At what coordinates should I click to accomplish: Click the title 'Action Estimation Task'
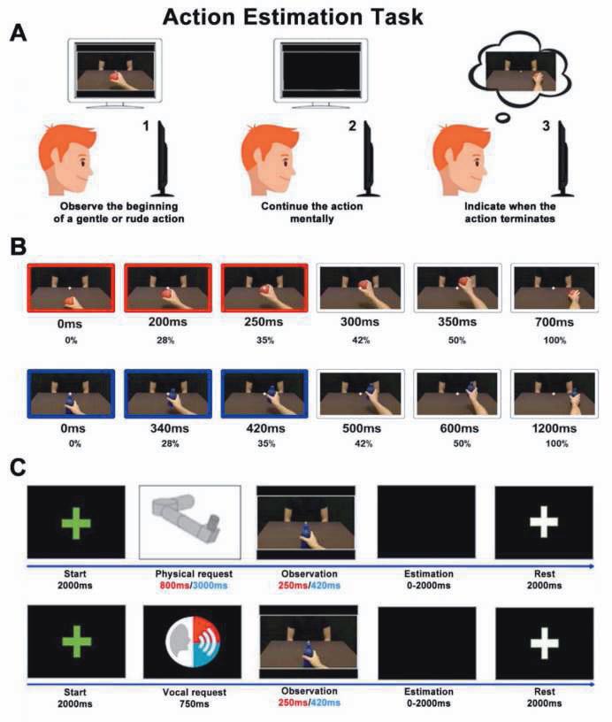pyautogui.click(x=293, y=17)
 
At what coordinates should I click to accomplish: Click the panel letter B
pyautogui.click(x=18, y=246)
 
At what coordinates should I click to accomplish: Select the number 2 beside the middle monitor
pyautogui.click(x=352, y=126)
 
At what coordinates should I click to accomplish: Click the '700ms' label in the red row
pyautogui.click(x=554, y=322)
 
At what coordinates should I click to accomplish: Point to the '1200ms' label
pyautogui.click(x=554, y=428)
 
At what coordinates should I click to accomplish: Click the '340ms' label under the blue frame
pyautogui.click(x=169, y=428)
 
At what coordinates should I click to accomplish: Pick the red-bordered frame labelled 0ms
pyautogui.click(x=71, y=288)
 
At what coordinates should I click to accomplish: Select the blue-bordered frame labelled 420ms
pyautogui.click(x=264, y=394)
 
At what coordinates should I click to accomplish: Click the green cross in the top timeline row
pyautogui.click(x=76, y=523)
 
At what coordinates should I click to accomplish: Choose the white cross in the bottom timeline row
pyautogui.click(x=545, y=642)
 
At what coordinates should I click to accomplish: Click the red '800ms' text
pyautogui.click(x=174, y=586)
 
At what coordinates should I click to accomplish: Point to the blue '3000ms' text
pyautogui.click(x=210, y=586)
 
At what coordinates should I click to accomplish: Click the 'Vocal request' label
pyautogui.click(x=195, y=692)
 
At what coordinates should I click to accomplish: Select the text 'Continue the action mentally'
pyautogui.click(x=312, y=212)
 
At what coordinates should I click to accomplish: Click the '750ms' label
pyautogui.click(x=195, y=704)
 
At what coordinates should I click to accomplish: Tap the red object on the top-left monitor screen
pyautogui.click(x=116, y=77)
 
